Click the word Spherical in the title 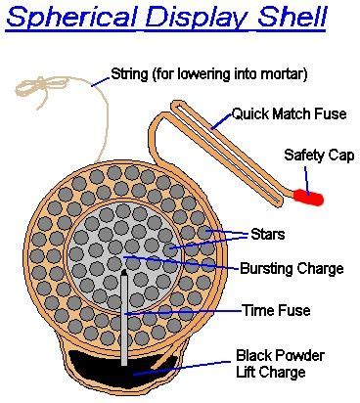point(68,20)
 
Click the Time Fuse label point(277,311)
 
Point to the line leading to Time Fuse point(186,311)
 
